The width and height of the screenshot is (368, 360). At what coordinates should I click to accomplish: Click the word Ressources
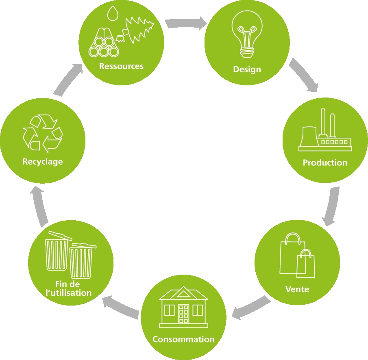tap(121, 66)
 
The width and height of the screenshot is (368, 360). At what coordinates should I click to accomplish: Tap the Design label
tap(247, 69)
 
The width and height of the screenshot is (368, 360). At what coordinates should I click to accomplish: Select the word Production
tap(325, 163)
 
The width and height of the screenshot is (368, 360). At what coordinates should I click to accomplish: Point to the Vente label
tap(297, 289)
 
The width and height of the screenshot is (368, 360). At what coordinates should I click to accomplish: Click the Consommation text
tap(183, 339)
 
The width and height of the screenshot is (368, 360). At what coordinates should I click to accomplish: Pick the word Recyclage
tap(43, 162)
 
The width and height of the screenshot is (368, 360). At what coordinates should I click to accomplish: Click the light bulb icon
tap(247, 34)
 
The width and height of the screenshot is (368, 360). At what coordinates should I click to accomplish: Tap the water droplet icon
tap(113, 13)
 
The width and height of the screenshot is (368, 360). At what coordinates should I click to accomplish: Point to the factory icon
tap(325, 130)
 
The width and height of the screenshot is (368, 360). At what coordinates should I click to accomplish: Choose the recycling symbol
tap(43, 133)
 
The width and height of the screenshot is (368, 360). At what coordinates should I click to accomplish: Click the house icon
tap(183, 307)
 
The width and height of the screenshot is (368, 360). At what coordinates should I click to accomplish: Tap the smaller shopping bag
tap(306, 264)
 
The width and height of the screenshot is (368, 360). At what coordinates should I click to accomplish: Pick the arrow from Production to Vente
tap(332, 206)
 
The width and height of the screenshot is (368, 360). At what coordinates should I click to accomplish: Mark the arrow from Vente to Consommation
tap(250, 308)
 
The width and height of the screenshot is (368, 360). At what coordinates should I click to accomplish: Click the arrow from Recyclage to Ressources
tap(68, 79)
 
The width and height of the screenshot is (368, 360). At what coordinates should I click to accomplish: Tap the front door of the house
tap(183, 314)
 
